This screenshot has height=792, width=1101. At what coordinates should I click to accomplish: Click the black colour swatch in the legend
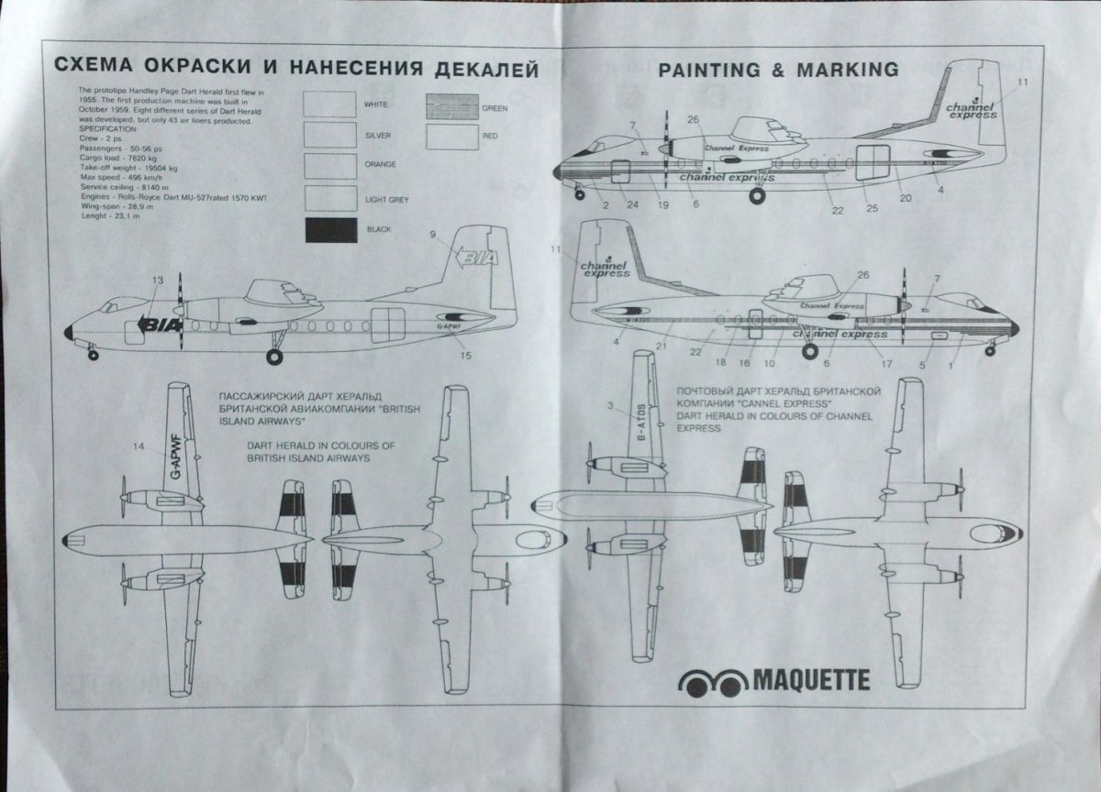(331, 228)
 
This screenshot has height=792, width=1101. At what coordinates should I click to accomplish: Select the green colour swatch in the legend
(453, 107)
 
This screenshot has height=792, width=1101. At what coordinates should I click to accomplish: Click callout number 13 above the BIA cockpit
(158, 280)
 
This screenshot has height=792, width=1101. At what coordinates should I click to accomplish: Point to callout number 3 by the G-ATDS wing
(609, 404)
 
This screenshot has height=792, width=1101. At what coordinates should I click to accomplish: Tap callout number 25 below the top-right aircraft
(872, 208)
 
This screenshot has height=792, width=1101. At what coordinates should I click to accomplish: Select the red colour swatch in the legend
(453, 136)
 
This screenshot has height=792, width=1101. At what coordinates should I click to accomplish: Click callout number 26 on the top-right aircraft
(693, 119)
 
